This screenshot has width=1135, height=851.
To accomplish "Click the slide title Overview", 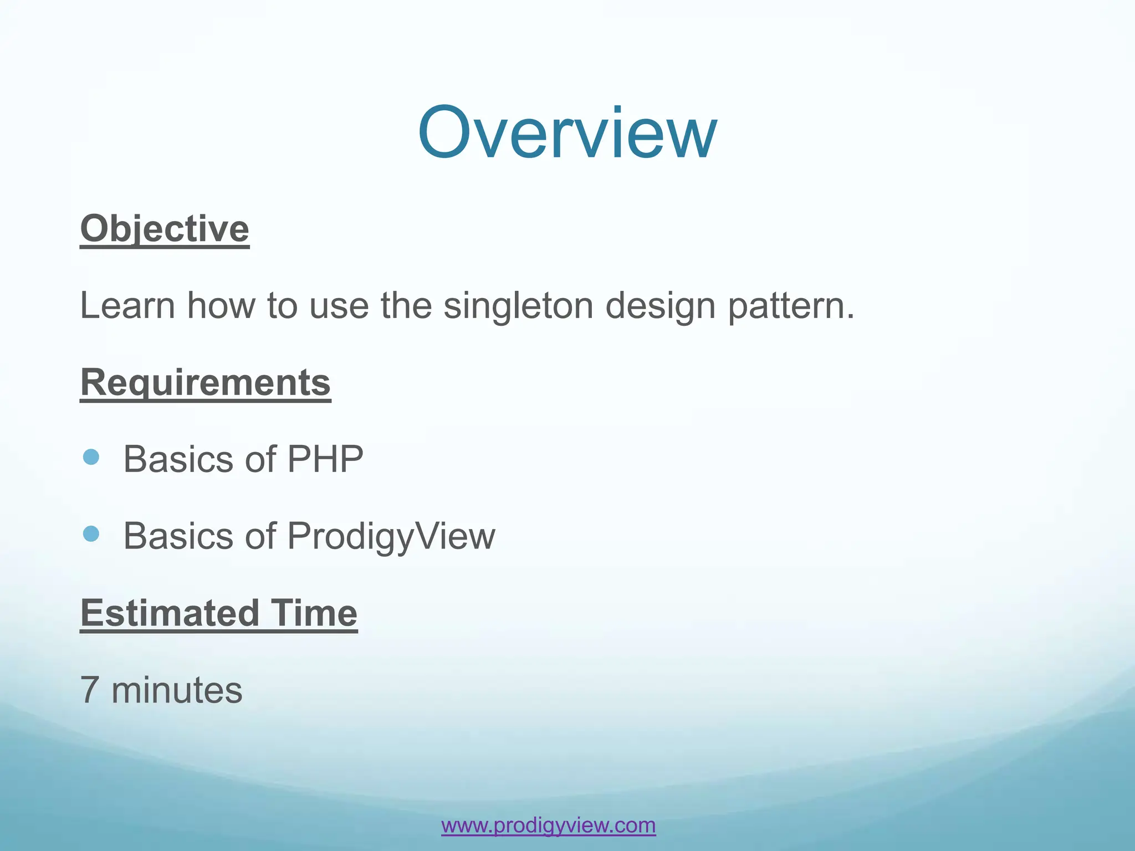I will [x=567, y=133].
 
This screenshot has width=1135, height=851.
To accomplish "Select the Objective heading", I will [x=165, y=228].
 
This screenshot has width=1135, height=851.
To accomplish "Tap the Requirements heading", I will [x=206, y=382].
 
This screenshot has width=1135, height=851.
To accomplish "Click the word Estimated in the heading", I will [x=170, y=613].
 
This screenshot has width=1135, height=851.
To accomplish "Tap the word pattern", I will [x=790, y=306].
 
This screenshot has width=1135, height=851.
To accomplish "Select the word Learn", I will [x=127, y=306].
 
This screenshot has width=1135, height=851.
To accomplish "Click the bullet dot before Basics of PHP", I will [x=91, y=457].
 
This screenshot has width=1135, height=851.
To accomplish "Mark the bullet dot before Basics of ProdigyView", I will [x=91, y=534].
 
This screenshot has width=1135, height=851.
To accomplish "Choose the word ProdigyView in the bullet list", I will [x=391, y=536].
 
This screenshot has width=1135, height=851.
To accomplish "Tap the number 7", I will [x=90, y=690].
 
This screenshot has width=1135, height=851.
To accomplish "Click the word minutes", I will [x=177, y=690].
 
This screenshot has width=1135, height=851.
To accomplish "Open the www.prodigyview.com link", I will [x=548, y=825].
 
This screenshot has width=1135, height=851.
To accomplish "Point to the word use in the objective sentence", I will [x=339, y=306].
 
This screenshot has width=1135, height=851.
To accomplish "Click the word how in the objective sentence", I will [x=221, y=306].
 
